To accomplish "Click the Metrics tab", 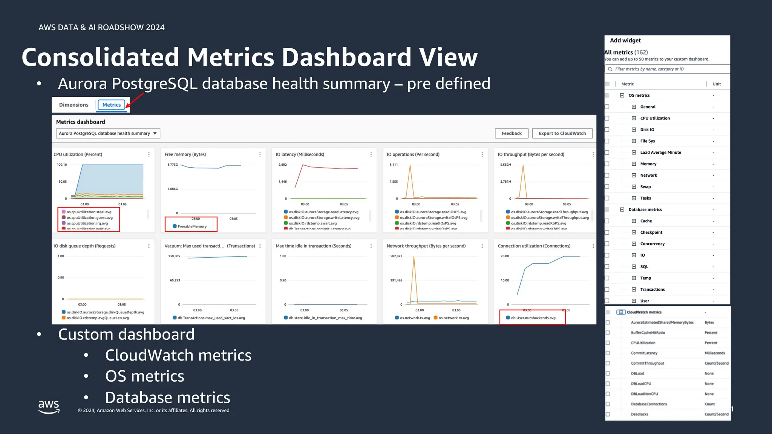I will [111, 105].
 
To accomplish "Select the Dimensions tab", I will [74, 105].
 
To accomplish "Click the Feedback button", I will [512, 133].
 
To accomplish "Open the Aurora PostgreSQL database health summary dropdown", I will [108, 133].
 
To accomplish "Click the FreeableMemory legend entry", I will [192, 226].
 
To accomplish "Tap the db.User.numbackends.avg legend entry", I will [533, 318].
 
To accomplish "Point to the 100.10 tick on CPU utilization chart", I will [62, 165].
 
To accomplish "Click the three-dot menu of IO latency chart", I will [371, 154].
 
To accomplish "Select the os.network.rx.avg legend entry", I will [453, 318].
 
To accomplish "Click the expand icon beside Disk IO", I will [634, 130].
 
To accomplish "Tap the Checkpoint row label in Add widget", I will [651, 232].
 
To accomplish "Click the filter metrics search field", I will [667, 69].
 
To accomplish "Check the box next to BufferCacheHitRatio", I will [608, 333].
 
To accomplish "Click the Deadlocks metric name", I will [639, 414].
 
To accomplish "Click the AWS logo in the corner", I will [49, 406].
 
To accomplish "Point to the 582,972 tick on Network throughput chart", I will [396, 256].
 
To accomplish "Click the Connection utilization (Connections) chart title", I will [534, 246].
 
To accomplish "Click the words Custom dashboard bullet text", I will [126, 335].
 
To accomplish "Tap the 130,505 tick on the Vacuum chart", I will [174, 256].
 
